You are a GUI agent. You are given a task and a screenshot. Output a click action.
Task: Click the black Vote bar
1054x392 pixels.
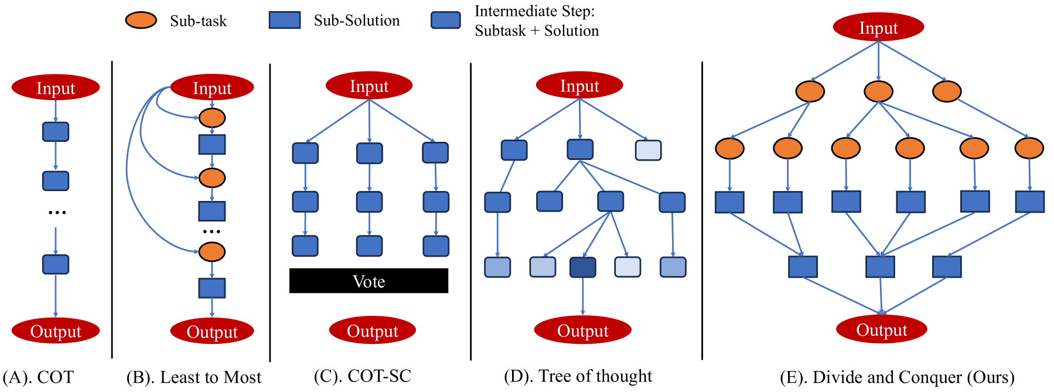tap(369, 281)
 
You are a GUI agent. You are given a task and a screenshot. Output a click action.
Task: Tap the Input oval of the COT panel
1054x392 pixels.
tap(56, 88)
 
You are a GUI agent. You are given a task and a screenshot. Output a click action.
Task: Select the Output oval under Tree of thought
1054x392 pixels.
tap(582, 330)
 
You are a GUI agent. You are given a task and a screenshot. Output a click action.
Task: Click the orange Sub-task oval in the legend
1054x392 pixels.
tap(141, 21)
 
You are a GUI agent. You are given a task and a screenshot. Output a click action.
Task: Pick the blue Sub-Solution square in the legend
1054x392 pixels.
tap(285, 20)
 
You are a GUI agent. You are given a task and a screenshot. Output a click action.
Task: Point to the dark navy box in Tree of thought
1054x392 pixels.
tap(583, 267)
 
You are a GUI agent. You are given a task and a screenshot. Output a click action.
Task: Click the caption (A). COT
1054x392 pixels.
tap(39, 377)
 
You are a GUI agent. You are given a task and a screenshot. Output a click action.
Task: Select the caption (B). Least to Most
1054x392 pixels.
tap(194, 377)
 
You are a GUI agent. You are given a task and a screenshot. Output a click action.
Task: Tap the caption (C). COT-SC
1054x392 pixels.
tap(363, 376)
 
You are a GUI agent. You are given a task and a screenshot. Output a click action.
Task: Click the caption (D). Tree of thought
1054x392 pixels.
tap(578, 376)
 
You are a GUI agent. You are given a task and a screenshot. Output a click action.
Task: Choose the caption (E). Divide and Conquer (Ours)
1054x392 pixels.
tap(897, 377)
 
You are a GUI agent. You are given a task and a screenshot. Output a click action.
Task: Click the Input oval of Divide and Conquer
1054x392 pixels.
tap(878, 28)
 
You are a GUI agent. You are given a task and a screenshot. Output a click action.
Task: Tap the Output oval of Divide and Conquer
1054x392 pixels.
tap(881, 330)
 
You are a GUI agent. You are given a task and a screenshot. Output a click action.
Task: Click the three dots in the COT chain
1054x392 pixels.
tap(57, 212)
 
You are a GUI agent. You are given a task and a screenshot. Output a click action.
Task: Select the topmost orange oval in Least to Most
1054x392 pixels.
tap(212, 118)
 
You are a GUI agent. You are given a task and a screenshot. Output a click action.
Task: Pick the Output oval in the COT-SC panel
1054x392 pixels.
tap(372, 330)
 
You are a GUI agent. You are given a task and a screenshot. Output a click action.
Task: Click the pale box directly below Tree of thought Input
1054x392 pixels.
tap(649, 150)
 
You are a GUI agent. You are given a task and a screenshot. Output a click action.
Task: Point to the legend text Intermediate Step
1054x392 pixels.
tap(534, 11)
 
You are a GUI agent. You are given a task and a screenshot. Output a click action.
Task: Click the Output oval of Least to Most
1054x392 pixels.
tap(212, 332)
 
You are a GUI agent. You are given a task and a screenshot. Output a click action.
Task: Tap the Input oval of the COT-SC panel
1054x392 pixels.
tap(369, 86)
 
